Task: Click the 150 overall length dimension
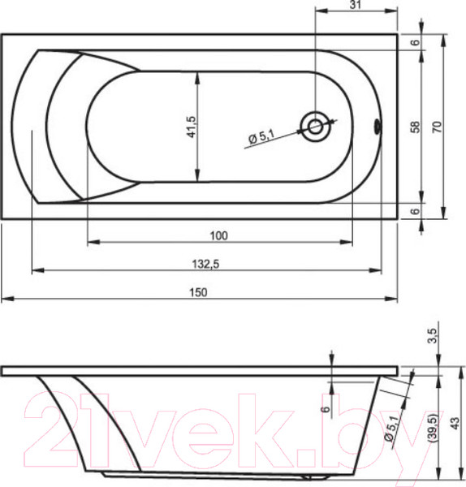[x=198, y=292]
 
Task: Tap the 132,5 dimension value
[x=205, y=264]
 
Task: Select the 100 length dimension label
[x=218, y=235]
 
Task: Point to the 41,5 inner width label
[x=191, y=127]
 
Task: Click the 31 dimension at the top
[x=356, y=5]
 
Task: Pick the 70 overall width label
[x=437, y=127]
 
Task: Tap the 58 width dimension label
[x=416, y=127]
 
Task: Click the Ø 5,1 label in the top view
[x=262, y=137]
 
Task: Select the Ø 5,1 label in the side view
[x=392, y=428]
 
